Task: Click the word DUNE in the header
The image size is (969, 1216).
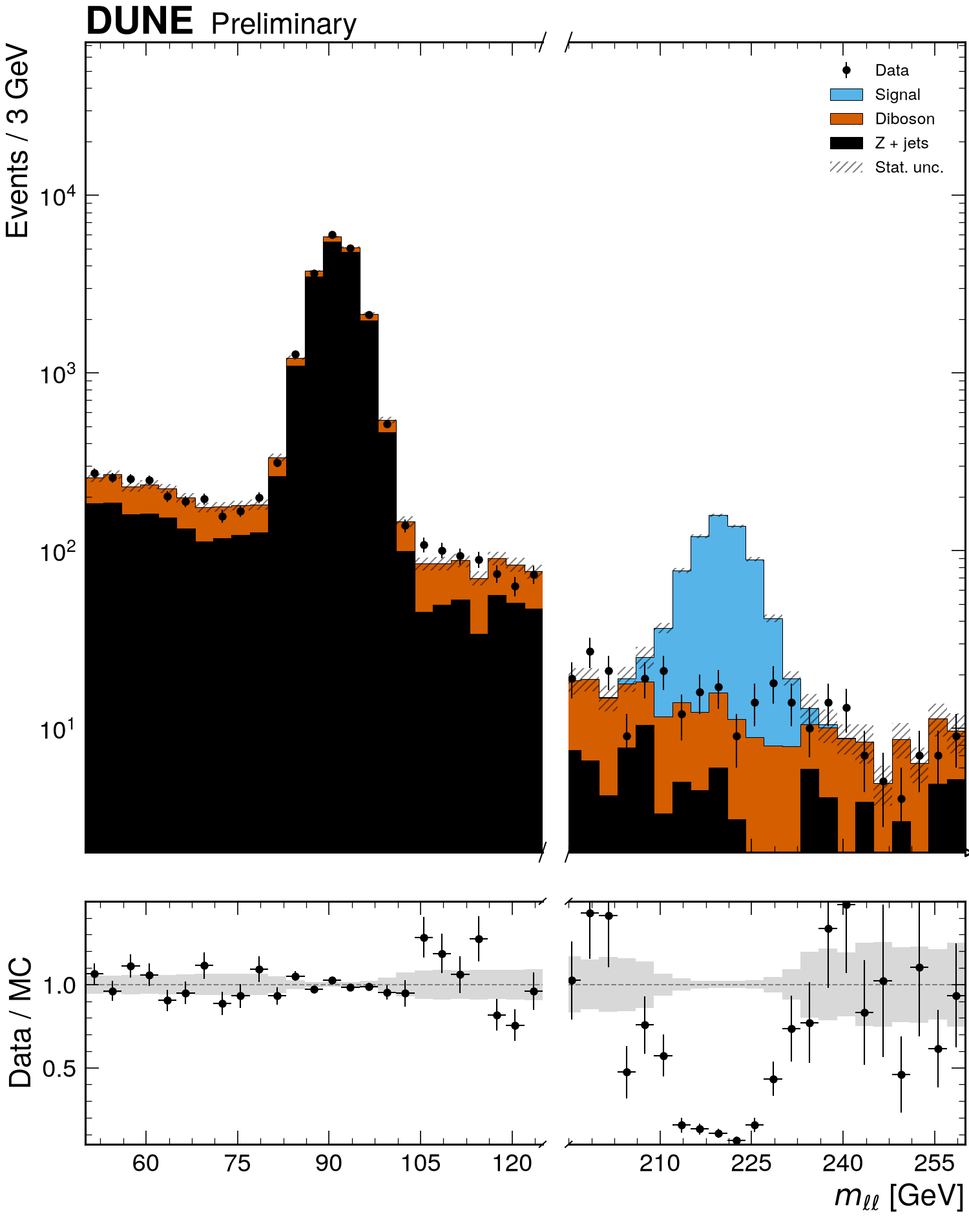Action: (139, 21)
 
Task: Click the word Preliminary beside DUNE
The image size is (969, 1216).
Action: (284, 25)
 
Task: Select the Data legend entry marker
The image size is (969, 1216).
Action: (846, 70)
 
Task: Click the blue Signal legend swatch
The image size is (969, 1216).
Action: (846, 95)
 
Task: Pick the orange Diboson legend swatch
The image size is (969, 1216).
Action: (846, 119)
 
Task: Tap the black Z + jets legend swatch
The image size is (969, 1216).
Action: (846, 143)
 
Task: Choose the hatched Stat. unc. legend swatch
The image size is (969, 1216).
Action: (846, 167)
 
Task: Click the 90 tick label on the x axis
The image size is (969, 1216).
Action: (329, 1164)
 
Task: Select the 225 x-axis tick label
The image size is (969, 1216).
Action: (751, 1164)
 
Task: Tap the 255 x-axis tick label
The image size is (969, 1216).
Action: (935, 1164)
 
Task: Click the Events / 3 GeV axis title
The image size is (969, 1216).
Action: (17, 142)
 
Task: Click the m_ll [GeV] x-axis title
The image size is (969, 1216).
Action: (899, 1196)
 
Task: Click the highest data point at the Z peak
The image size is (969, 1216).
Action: (332, 235)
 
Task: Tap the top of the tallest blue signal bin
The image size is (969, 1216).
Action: (718, 515)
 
